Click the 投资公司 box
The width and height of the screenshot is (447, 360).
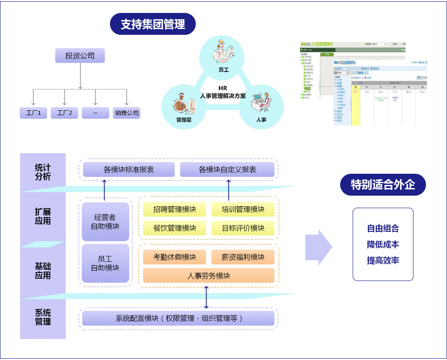80,56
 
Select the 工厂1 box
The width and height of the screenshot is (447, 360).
33,113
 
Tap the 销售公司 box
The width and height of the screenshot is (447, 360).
127,113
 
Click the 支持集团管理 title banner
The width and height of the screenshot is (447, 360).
153,24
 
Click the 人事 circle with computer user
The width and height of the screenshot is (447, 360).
261,106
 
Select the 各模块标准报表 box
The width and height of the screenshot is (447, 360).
129,170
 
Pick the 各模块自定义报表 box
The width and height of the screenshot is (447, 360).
227,170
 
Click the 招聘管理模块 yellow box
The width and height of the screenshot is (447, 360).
174,209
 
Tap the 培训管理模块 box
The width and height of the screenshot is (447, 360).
243,209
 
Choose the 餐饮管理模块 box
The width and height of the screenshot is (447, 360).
174,228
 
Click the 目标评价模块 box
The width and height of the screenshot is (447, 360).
243,228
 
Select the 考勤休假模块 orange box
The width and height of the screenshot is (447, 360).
174,257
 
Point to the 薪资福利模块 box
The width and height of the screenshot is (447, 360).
243,257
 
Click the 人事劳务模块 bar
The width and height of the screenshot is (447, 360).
208,276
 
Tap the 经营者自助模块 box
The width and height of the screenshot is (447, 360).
105,222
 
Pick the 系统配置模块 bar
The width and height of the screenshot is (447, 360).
178,318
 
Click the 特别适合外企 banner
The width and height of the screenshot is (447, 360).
383,184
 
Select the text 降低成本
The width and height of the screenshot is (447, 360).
383,244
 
